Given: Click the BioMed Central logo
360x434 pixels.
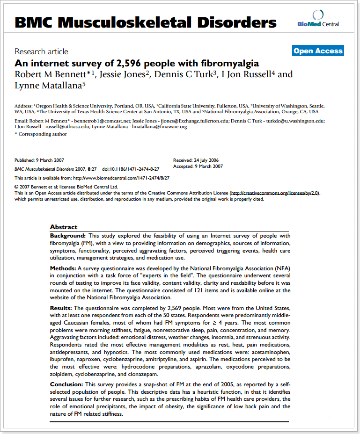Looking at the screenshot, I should (318, 20).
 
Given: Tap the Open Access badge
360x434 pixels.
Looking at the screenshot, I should (318, 51).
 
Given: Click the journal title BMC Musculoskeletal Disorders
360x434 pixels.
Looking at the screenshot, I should (146, 22).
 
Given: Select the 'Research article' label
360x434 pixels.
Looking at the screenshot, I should (41, 51).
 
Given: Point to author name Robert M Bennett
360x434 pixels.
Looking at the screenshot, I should (52, 74).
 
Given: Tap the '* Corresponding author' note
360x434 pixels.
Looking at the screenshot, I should (41, 134).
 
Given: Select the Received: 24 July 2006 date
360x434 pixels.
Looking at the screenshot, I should (196, 160).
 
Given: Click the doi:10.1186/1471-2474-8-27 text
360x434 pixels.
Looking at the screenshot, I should (131, 169).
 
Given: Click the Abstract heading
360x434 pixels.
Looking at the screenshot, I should (64, 227).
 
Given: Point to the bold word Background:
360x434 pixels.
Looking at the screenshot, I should (68, 236).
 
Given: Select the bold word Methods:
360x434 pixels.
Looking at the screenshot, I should (63, 268).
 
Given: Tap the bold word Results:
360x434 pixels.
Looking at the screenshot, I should (61, 308).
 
